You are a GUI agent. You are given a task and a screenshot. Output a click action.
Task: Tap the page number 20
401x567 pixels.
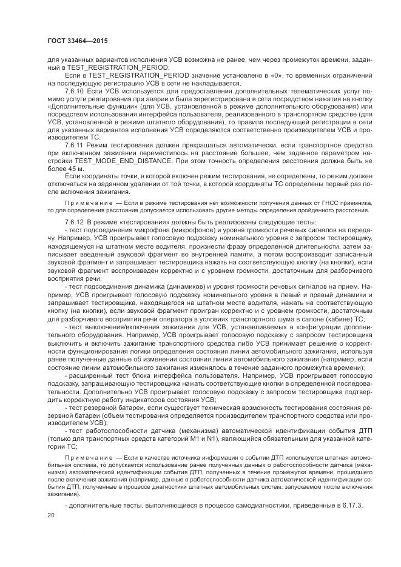51,515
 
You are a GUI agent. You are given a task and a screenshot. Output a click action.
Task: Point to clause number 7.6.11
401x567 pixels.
75,146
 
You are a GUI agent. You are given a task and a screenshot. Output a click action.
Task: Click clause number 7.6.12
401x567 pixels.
75,223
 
